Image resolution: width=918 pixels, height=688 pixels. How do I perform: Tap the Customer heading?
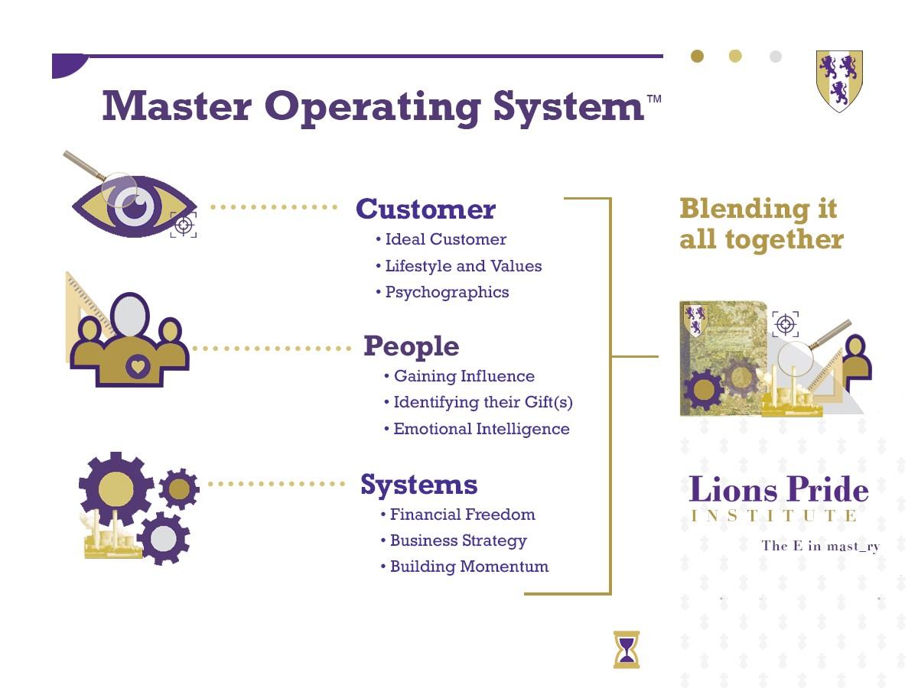click(426, 209)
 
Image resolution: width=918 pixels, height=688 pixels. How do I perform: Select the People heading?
click(412, 347)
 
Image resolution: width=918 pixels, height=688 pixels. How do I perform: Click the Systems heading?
click(419, 485)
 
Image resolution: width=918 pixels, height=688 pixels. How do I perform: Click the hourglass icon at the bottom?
click(627, 650)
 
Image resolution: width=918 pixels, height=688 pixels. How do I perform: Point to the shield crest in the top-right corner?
click(839, 81)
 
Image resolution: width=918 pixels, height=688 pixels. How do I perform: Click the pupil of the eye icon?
click(135, 206)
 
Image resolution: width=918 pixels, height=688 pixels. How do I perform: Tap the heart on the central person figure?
click(138, 367)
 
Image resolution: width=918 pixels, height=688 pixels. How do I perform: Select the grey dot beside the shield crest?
click(776, 57)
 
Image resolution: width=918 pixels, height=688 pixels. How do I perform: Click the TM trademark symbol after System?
click(655, 99)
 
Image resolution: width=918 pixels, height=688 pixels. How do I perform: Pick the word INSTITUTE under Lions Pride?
click(773, 515)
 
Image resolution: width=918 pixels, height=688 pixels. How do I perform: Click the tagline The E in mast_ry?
click(821, 546)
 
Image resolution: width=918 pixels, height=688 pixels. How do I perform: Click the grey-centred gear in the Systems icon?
click(164, 538)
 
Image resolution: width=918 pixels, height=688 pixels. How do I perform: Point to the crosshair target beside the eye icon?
click(183, 226)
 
